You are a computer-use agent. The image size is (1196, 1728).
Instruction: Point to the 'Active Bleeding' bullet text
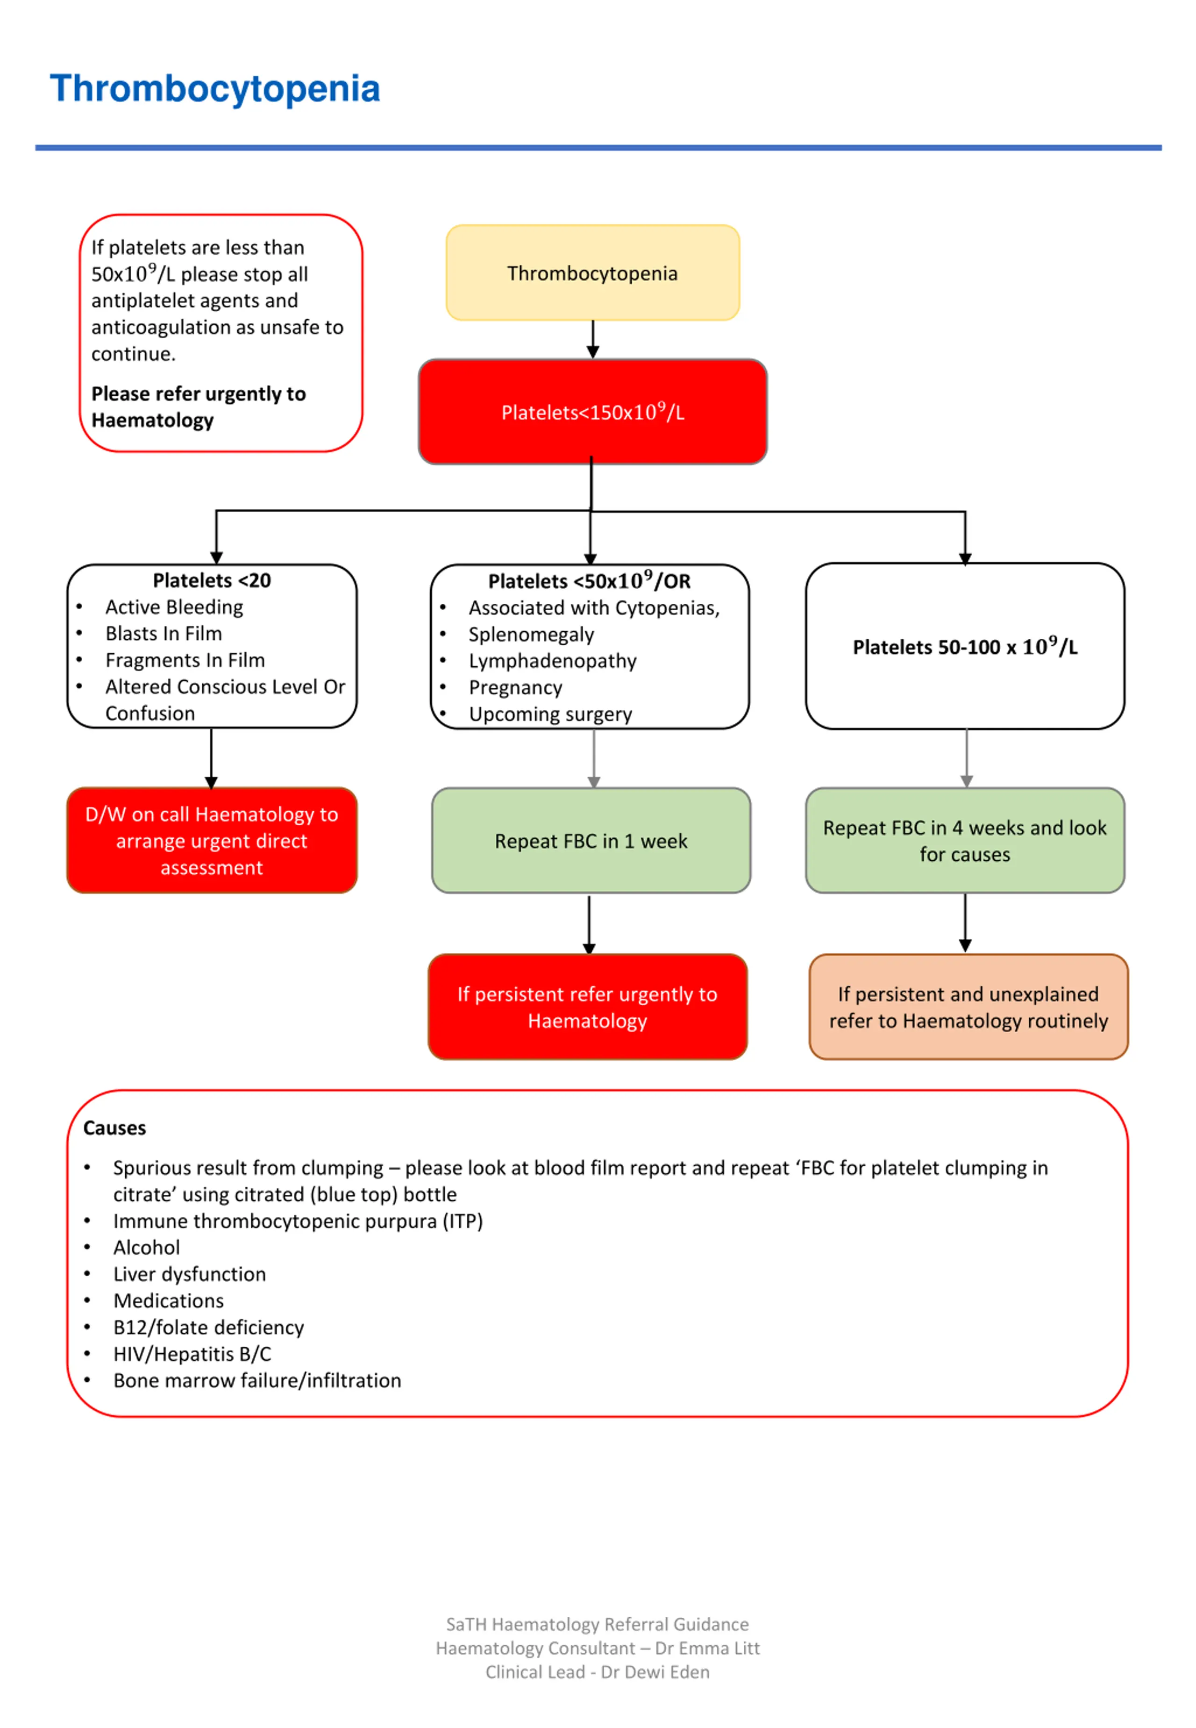pyautogui.click(x=174, y=607)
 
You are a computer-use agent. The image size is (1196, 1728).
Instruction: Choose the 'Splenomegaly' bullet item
pyautogui.click(x=531, y=634)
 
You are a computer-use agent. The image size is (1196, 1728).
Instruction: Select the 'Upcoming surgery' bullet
pyautogui.click(x=550, y=714)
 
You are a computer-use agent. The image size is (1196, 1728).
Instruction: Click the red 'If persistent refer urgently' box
pyautogui.click(x=588, y=1007)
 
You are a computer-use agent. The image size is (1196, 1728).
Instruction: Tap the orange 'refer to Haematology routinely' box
pyautogui.click(x=968, y=1007)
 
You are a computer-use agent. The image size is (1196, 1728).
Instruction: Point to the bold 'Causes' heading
pyautogui.click(x=114, y=1128)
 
